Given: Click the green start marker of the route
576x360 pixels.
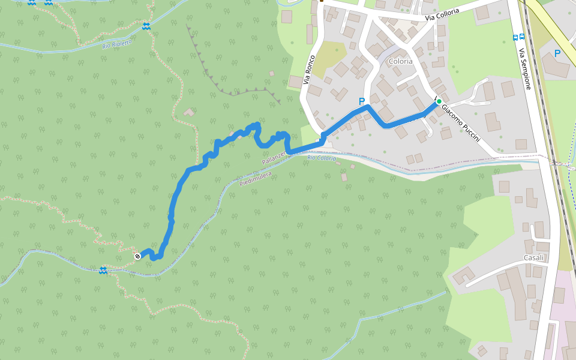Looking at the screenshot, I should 439,101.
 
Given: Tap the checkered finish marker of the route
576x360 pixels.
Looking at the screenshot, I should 137,256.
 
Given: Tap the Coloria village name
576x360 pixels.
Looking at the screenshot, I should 400,61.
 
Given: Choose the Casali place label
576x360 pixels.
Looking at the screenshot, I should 533,257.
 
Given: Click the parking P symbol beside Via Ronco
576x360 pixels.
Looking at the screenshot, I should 361,101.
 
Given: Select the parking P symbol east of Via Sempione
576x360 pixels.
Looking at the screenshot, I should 557,53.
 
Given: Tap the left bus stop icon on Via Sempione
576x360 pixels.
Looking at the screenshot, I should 516,37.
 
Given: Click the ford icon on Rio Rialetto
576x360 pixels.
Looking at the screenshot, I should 146,26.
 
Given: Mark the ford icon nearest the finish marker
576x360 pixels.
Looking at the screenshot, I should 103,270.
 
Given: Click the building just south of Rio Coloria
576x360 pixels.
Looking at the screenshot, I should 344,177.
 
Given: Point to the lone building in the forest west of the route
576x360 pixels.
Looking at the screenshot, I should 189,112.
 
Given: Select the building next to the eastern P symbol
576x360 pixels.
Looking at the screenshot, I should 556,67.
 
